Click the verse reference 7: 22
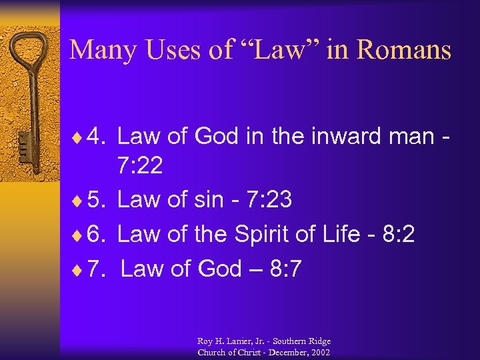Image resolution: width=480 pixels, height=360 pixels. pos(140,166)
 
